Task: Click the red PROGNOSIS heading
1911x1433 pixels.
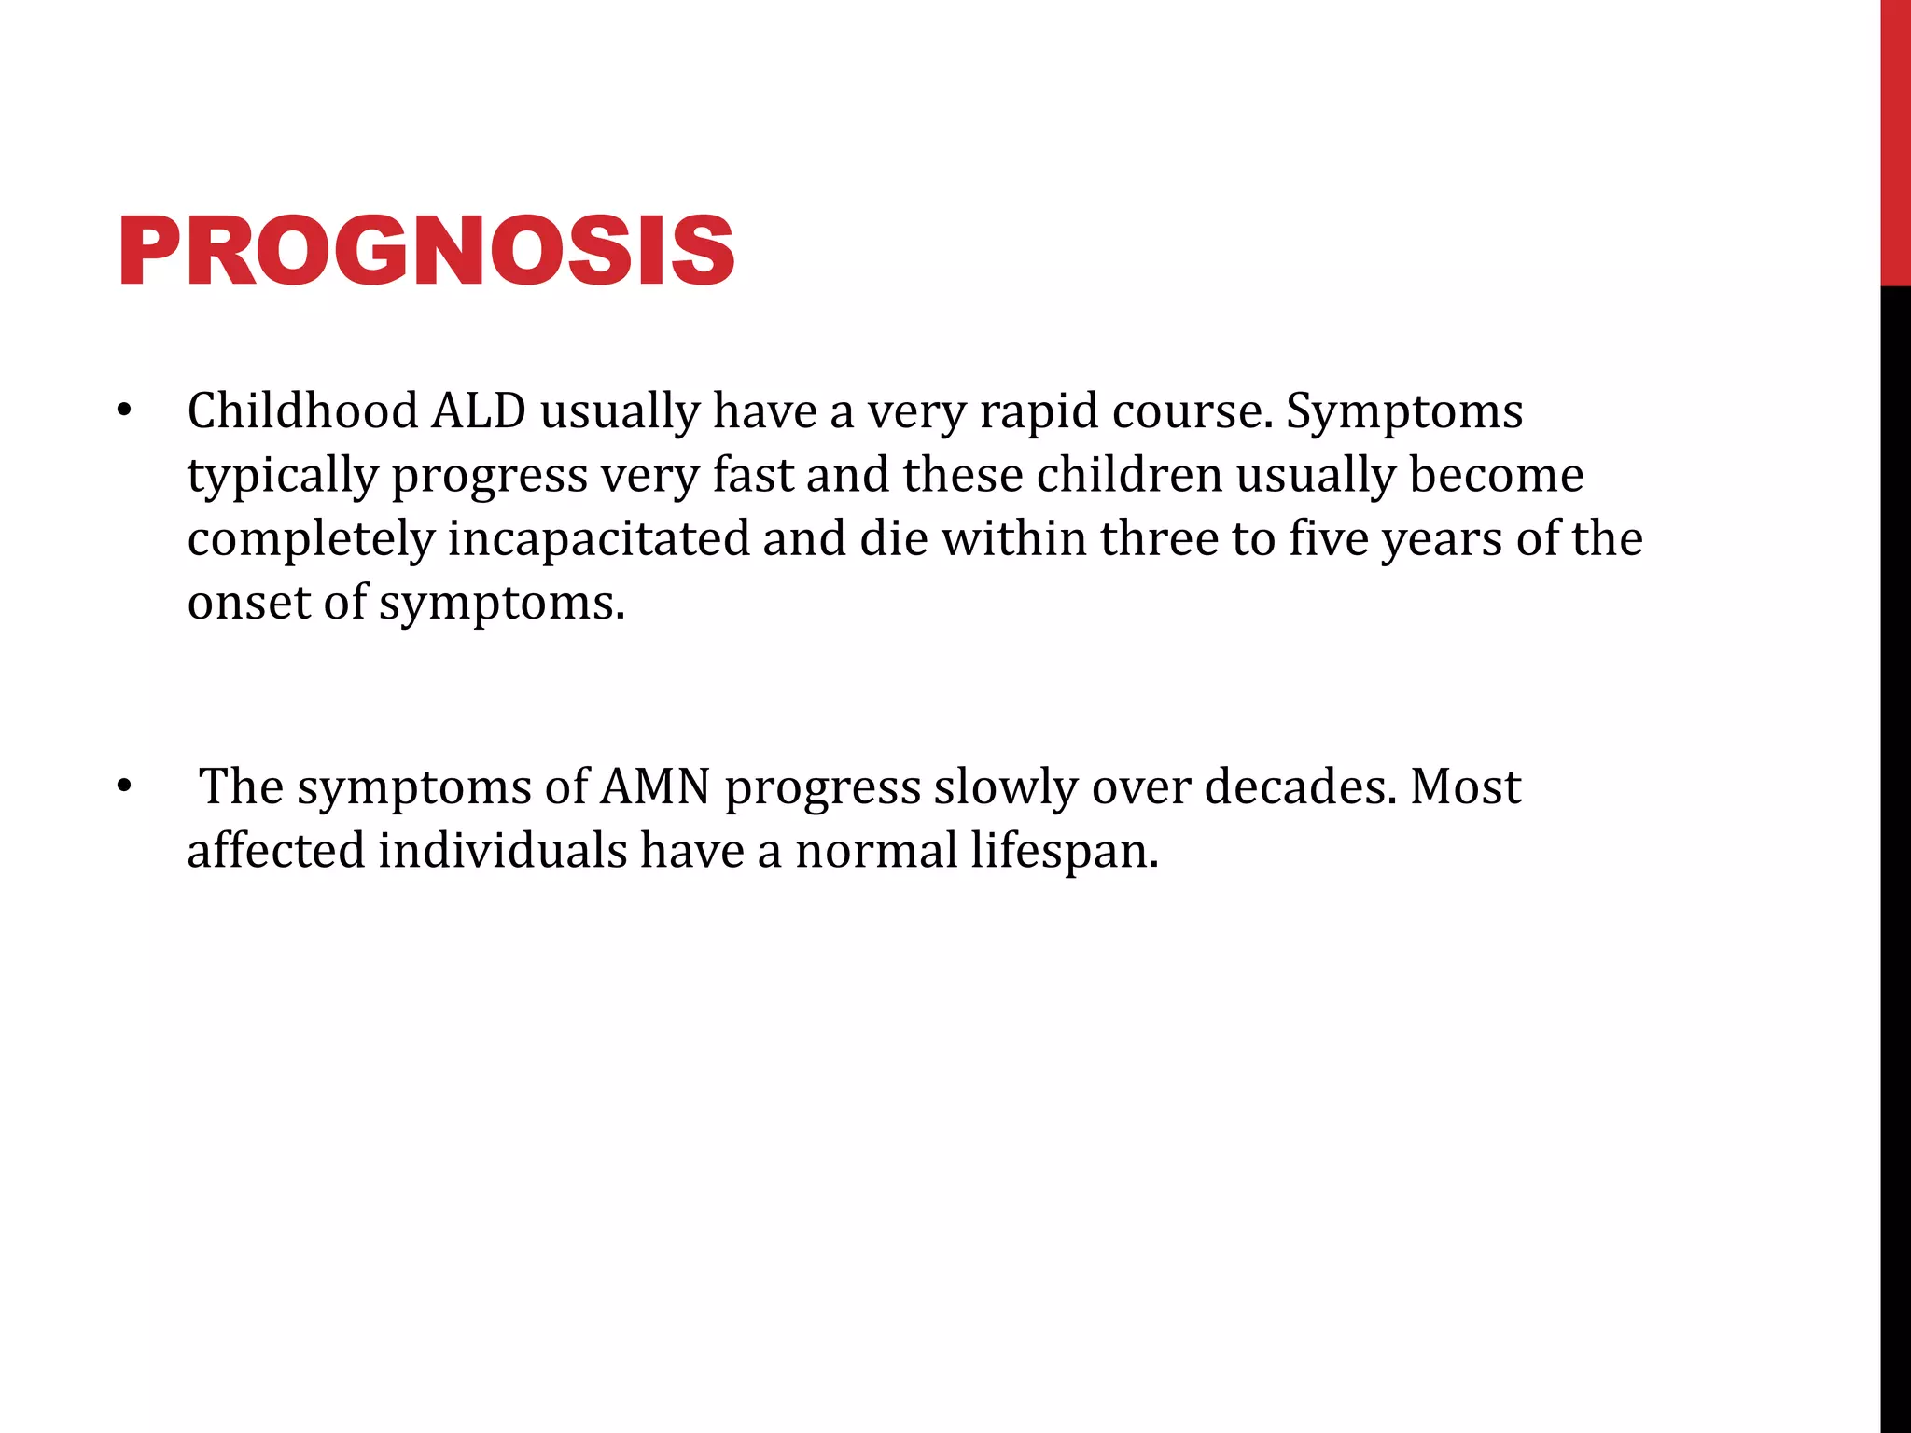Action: click(426, 251)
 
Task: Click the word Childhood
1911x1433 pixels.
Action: click(302, 411)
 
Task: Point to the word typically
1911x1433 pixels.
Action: click(283, 476)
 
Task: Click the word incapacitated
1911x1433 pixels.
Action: click(598, 539)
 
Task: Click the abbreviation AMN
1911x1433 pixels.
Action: click(656, 786)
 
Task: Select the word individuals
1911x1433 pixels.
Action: click(502, 851)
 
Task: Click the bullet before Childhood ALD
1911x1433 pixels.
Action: click(125, 411)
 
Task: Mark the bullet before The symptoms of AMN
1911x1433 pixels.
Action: click(125, 786)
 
